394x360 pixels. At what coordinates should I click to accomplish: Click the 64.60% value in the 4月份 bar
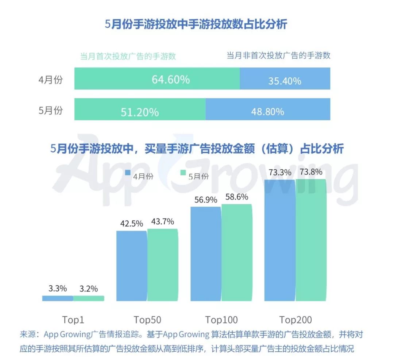(x=171, y=79)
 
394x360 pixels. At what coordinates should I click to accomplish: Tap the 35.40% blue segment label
(x=285, y=81)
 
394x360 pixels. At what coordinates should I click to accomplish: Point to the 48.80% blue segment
(x=267, y=111)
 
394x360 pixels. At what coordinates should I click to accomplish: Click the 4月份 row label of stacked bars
(x=50, y=80)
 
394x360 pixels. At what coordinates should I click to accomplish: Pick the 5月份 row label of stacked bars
(x=50, y=111)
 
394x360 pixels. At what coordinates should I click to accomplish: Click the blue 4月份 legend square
(x=128, y=173)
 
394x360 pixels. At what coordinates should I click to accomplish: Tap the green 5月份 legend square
(x=183, y=173)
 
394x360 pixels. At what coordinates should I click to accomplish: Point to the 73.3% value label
(x=280, y=173)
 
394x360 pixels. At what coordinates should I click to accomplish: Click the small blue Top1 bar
(x=58, y=298)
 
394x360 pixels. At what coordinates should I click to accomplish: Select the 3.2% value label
(x=89, y=289)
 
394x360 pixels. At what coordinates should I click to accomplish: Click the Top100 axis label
(x=221, y=320)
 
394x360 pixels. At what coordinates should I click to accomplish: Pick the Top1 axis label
(x=73, y=320)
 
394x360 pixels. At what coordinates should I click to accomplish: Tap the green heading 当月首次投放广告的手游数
(x=128, y=56)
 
